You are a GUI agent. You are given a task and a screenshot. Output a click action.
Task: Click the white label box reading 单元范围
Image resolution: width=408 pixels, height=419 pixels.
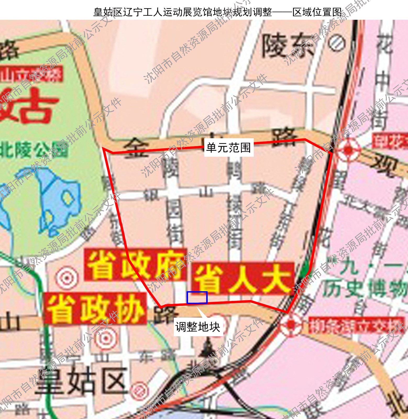click(x=229, y=148)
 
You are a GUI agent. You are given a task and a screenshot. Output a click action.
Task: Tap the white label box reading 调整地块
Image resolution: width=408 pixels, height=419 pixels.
click(x=198, y=327)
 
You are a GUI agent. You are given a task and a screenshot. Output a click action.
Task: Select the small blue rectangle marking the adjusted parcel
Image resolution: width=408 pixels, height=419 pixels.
click(x=197, y=297)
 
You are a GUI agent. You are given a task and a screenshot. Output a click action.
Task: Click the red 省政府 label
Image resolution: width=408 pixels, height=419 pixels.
click(x=135, y=265)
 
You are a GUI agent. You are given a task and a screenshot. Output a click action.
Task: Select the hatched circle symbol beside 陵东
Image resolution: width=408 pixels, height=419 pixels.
click(x=337, y=43)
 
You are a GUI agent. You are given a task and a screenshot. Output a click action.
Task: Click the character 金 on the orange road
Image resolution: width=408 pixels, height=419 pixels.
click(x=136, y=149)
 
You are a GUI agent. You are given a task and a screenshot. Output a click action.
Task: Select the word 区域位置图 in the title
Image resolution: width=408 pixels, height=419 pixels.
click(x=317, y=12)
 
